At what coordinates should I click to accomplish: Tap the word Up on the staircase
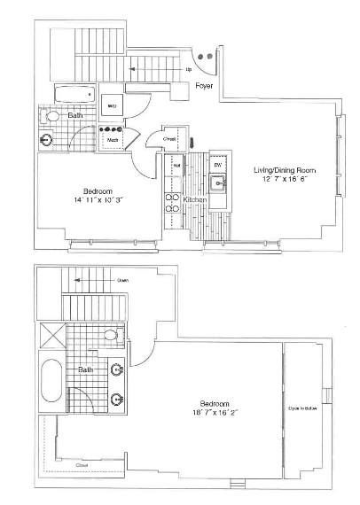[189, 68]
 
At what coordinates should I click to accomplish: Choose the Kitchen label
[195, 200]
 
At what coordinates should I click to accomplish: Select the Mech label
[113, 139]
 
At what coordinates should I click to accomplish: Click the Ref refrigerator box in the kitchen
[177, 164]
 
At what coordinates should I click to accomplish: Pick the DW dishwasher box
[217, 165]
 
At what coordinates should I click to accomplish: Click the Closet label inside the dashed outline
[82, 463]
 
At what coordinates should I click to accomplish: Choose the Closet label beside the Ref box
[171, 139]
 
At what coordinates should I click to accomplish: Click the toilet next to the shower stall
[111, 335]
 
